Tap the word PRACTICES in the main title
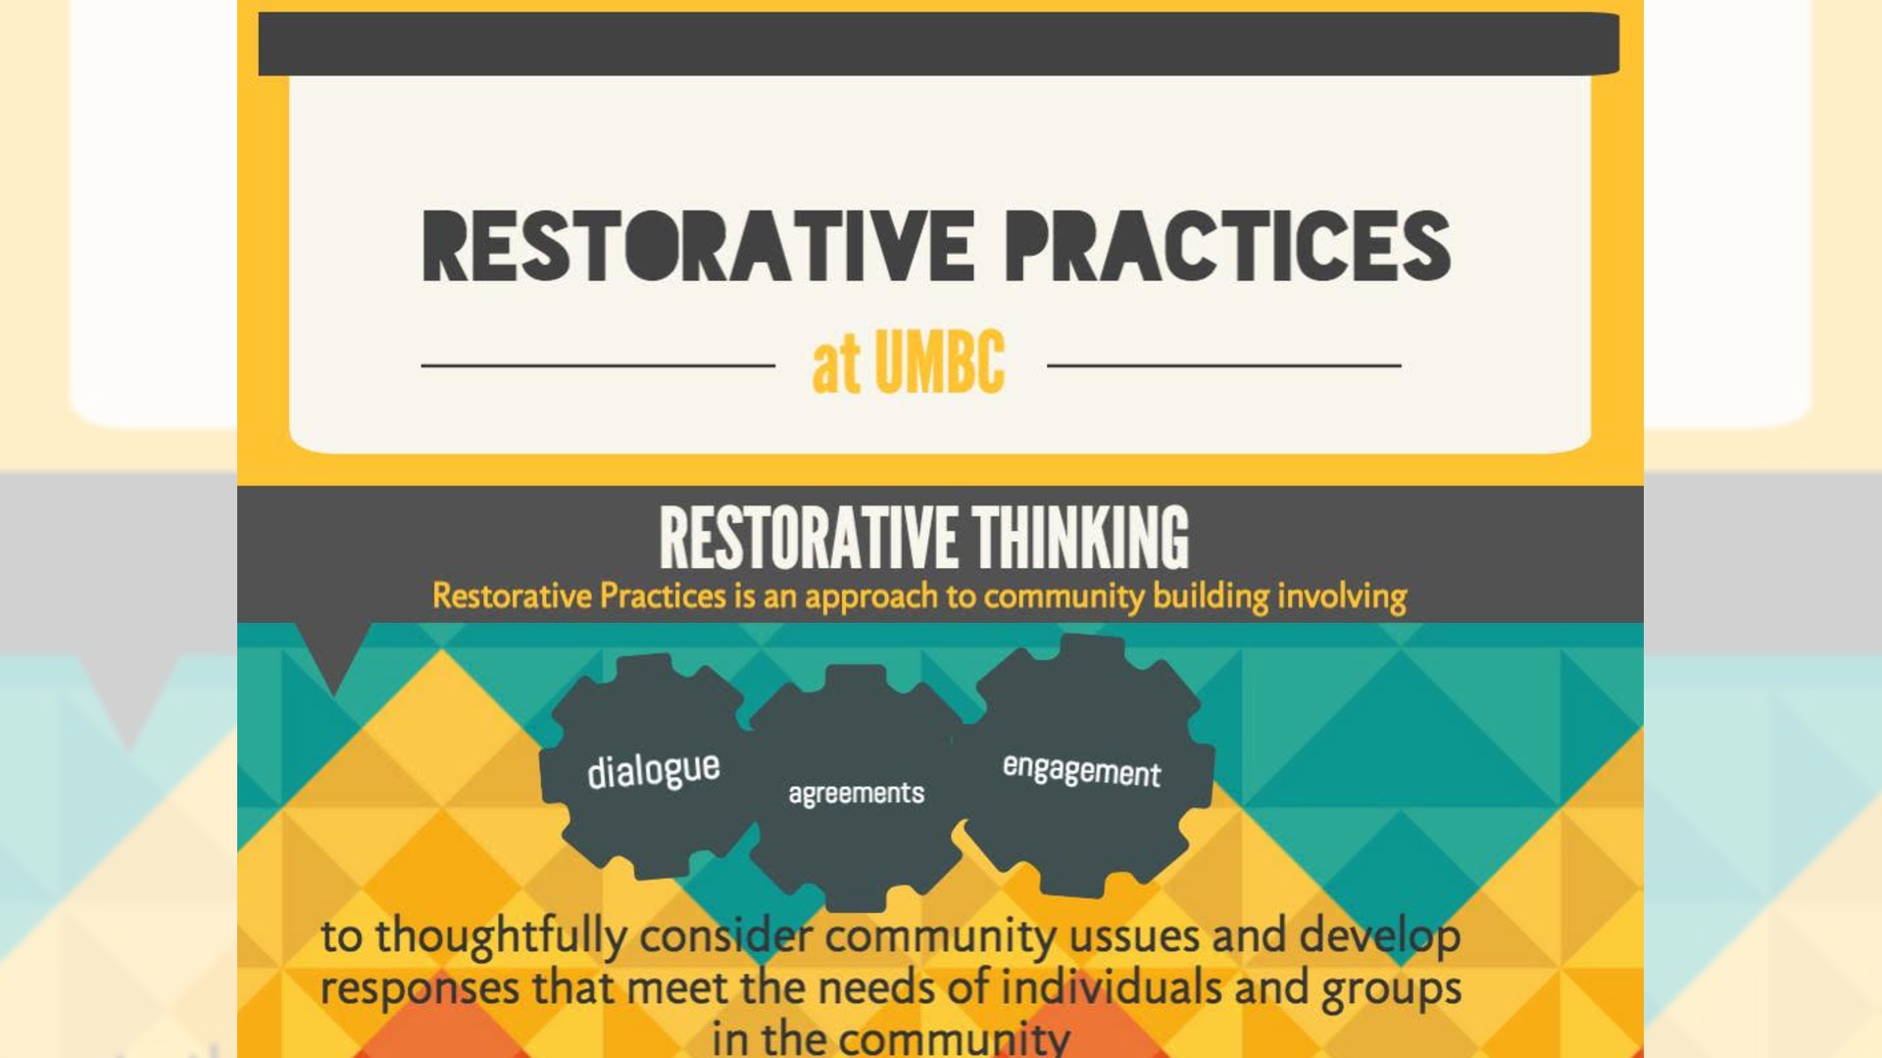(1228, 246)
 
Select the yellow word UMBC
(939, 361)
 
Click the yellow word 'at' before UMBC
(836, 364)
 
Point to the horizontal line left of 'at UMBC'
(598, 365)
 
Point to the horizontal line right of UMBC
(1224, 365)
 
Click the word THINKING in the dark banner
(1080, 537)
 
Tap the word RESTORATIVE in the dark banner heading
(809, 537)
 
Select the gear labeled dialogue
(649, 766)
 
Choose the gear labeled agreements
(855, 790)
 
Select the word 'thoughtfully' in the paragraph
(502, 937)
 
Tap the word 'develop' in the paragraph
(1380, 937)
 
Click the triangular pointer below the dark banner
(333, 654)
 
